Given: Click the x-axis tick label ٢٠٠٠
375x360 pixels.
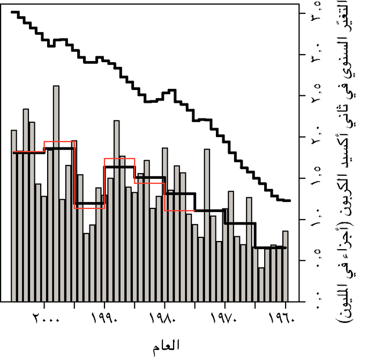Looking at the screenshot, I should (x=44, y=320).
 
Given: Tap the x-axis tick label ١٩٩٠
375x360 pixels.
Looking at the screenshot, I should (x=104, y=320).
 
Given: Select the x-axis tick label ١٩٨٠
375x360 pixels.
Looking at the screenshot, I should (x=164, y=320).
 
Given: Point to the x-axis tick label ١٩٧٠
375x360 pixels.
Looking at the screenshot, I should (x=225, y=320).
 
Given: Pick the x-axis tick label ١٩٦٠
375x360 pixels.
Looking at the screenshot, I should (x=286, y=320).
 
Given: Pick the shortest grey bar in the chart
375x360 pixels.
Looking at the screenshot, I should (x=261, y=284).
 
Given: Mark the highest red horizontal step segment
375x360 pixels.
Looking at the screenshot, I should (x=59, y=142).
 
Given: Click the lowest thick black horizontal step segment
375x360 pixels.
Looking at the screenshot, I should (x=271, y=248).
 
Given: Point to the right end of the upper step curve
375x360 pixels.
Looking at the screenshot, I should (x=289, y=200).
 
